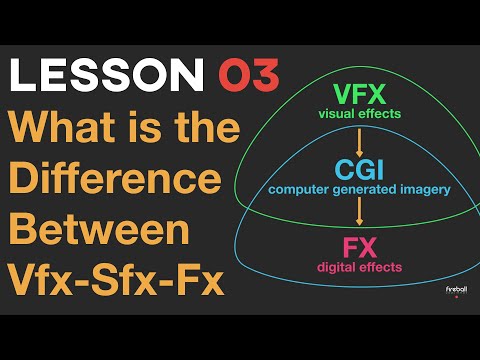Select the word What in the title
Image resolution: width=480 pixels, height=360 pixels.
coord(65,129)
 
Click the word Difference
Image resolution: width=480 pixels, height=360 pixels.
coord(117,180)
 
